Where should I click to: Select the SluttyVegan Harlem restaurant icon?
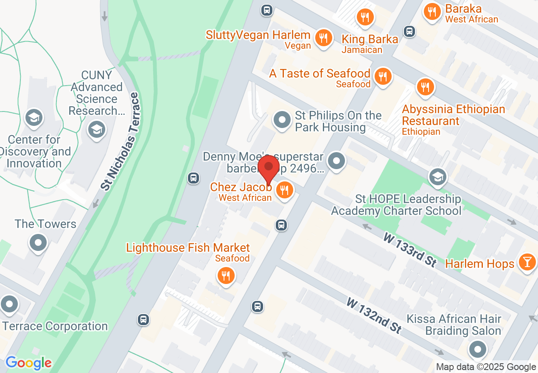coord(323,38)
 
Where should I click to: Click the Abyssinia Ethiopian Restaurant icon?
coord(425,87)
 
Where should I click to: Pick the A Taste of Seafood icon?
coord(383,77)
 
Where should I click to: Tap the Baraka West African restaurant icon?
coord(432,12)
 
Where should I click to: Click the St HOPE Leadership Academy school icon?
coord(437,177)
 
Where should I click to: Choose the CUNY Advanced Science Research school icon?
coord(96,129)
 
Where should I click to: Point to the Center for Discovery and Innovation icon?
coord(34,118)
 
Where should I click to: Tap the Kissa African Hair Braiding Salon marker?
coord(478,350)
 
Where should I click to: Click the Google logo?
coord(28,363)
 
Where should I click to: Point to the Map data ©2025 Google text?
coord(486,367)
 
